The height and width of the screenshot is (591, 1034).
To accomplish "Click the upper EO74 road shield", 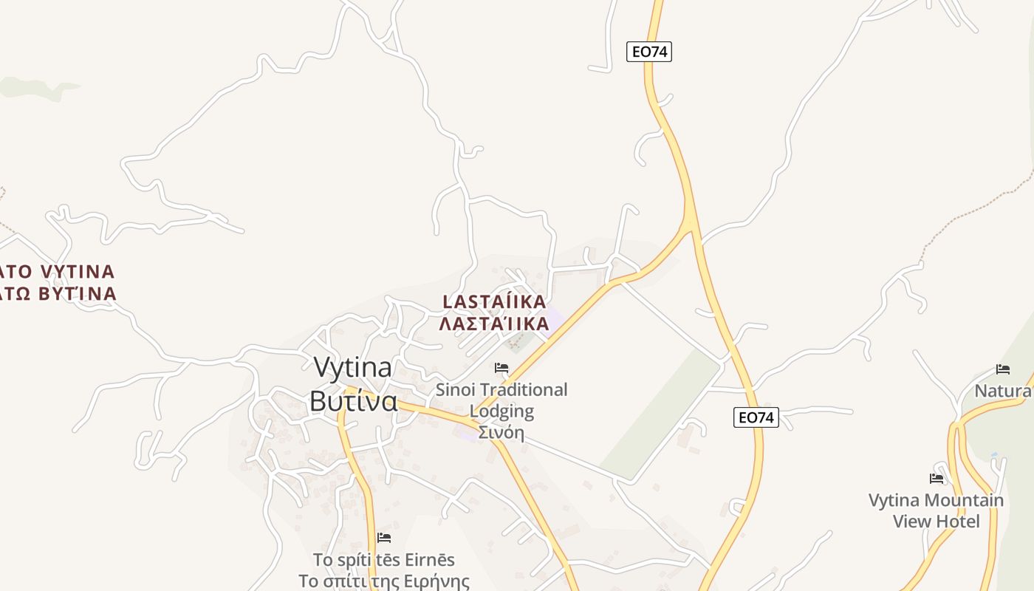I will pos(649,52).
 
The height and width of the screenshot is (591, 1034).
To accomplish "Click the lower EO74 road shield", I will pos(756,417).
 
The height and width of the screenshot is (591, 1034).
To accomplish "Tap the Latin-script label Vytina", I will pos(353,368).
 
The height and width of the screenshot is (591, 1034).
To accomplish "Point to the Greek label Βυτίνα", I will pos(354,401).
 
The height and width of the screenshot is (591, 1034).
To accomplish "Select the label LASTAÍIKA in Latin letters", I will pos(494,301).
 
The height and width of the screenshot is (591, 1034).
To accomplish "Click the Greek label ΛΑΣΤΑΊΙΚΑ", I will pos(494,324).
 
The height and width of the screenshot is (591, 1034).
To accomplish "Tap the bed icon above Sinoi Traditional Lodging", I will pos(501,368).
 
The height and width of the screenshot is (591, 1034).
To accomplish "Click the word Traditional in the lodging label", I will pos(523,389).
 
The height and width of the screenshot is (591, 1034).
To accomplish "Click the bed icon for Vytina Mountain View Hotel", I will pos(937,479).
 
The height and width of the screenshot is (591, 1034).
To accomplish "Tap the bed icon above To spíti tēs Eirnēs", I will pos(383,538).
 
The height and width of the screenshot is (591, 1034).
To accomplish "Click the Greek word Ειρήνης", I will pos(435,581).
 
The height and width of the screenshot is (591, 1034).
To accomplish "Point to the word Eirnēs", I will pos(427,559).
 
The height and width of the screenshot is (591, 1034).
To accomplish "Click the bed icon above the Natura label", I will pos(1002,369).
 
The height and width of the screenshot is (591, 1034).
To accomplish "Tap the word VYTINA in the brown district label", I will pos(78,272).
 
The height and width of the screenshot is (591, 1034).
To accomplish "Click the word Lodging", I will pos(501,411).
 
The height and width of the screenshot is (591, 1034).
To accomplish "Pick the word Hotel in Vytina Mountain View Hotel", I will pos(980,521).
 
